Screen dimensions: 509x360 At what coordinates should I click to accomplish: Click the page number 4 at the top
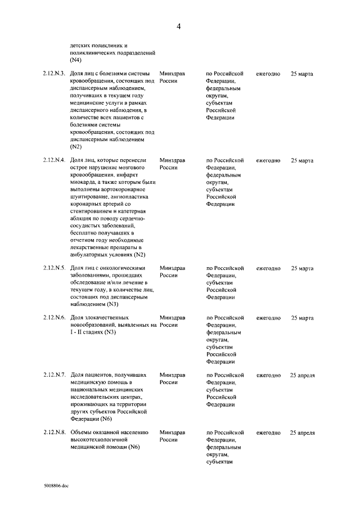[x=178, y=26]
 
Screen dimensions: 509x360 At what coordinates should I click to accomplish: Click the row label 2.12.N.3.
[x=54, y=74]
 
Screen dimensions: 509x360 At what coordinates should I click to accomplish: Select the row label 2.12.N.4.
[x=54, y=160]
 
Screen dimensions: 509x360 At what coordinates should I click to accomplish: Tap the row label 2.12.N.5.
[x=54, y=268]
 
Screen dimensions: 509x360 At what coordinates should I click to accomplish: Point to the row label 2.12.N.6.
[x=54, y=318]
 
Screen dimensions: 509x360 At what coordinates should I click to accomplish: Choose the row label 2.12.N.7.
[x=54, y=375]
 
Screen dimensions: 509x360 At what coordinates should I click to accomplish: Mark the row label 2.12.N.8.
[x=54, y=433]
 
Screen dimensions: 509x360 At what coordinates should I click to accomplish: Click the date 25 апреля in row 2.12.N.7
[x=302, y=375]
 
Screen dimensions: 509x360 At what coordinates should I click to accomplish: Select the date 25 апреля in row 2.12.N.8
[x=302, y=433]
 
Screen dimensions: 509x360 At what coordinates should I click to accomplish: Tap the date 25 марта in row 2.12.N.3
[x=302, y=74]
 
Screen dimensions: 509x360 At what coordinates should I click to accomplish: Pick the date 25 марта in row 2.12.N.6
[x=302, y=318]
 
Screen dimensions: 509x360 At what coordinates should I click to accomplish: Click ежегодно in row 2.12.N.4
[x=268, y=160]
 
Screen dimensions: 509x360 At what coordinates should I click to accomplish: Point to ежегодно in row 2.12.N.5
[x=268, y=268]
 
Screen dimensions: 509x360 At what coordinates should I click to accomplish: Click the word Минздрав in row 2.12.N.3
[x=172, y=74]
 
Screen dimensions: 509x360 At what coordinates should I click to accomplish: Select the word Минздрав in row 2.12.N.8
[x=172, y=433]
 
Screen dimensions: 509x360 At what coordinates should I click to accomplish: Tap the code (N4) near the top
[x=76, y=59]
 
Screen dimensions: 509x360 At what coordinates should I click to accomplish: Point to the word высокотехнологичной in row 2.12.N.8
[x=100, y=440]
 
